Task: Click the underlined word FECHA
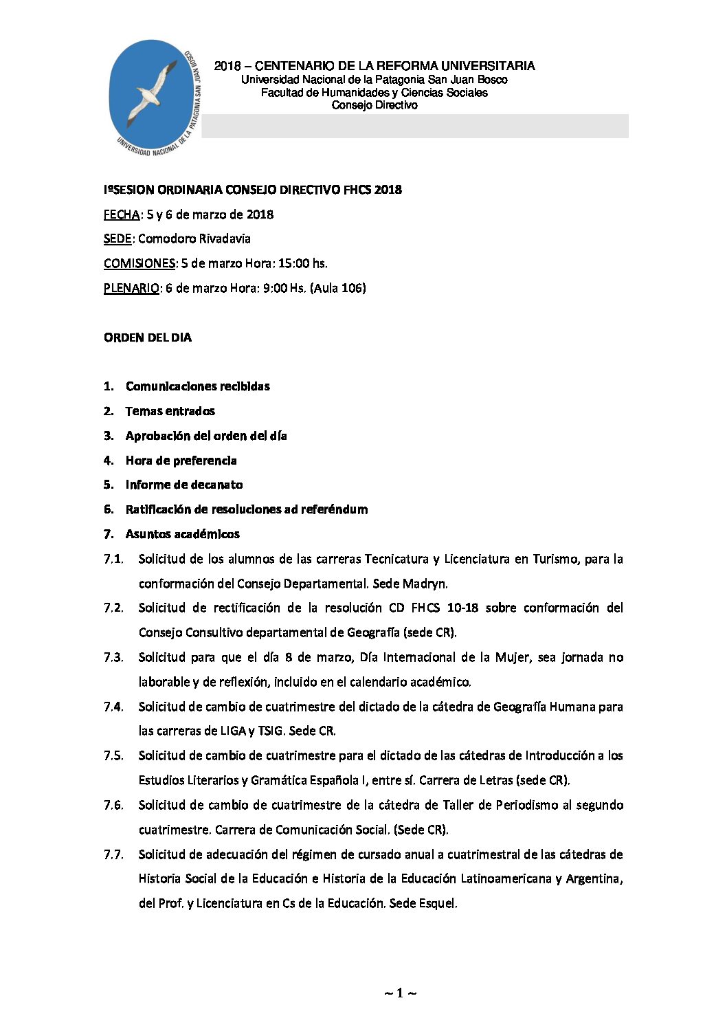click(122, 214)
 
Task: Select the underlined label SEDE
click(118, 239)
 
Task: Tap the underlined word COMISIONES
click(139, 263)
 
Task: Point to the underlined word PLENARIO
click(131, 288)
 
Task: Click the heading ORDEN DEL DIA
click(148, 338)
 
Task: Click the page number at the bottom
click(400, 993)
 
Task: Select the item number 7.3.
click(113, 657)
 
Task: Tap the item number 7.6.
click(113, 805)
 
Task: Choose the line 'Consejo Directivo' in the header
click(374, 105)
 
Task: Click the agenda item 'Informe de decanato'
click(184, 485)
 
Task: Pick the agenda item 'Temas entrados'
click(170, 411)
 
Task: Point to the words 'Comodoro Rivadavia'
click(194, 239)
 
